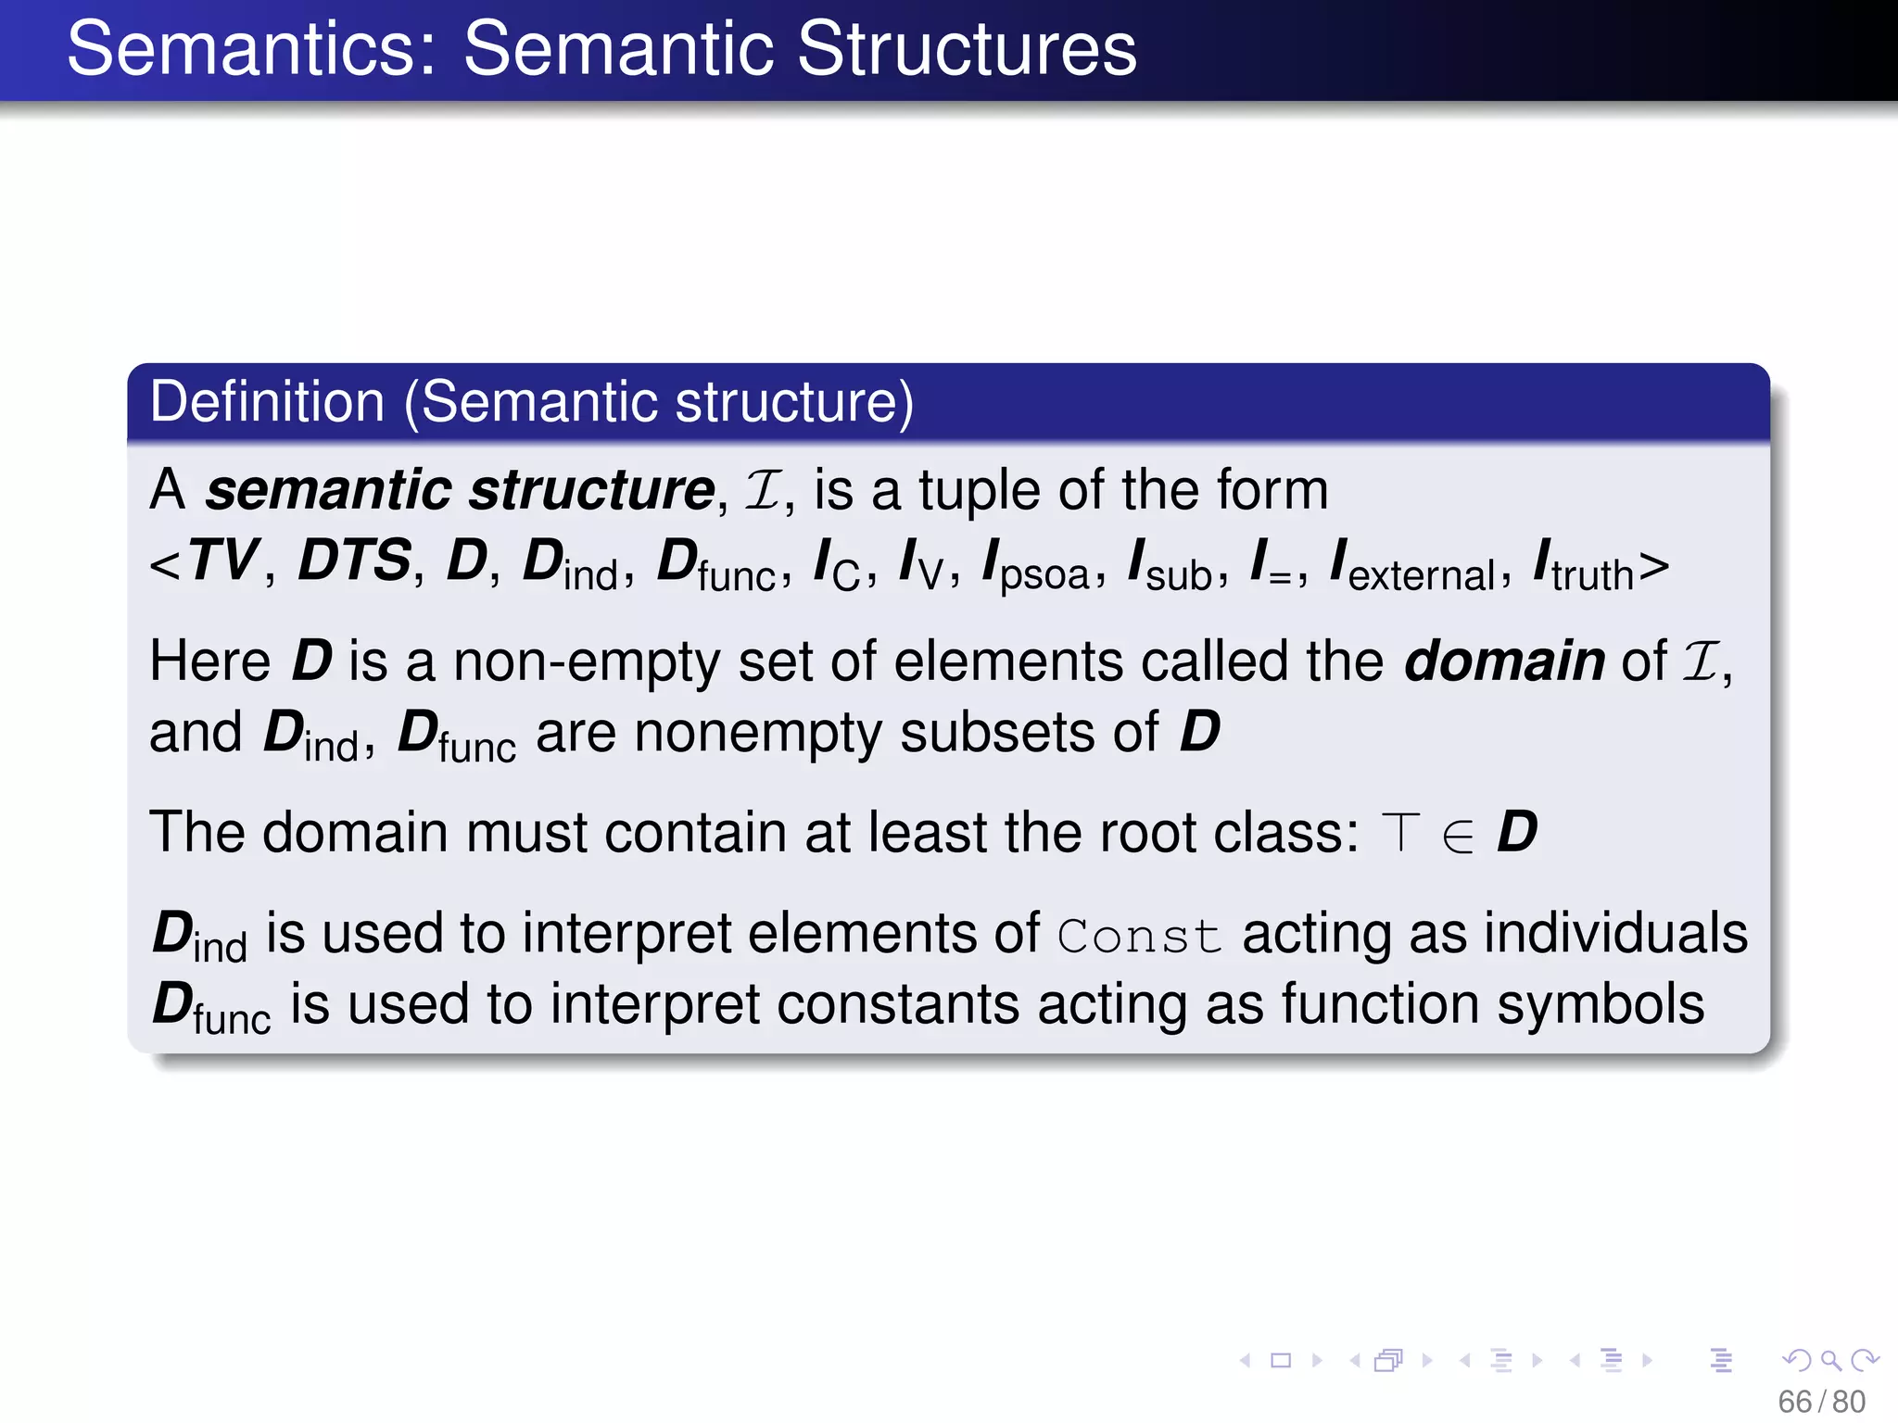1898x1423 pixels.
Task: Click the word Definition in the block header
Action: pos(267,402)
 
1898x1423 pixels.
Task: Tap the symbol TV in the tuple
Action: pos(222,560)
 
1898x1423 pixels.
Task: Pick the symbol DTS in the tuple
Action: pos(354,560)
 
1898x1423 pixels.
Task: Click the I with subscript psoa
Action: pos(1036,565)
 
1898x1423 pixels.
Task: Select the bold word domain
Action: pos(1504,661)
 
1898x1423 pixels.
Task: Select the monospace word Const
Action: pos(1139,936)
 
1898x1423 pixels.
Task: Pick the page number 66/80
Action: pos(1821,1402)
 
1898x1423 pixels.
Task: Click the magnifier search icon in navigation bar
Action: pos(1830,1360)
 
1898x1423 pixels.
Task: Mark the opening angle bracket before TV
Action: pos(165,564)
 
